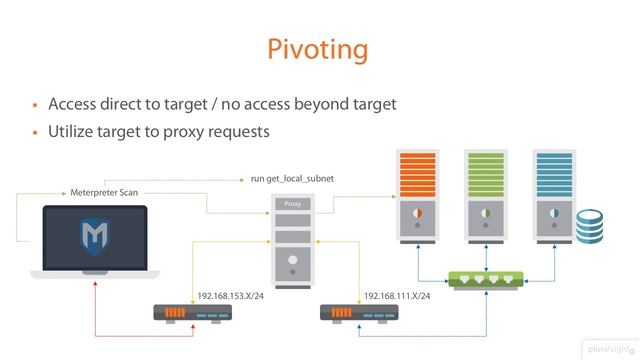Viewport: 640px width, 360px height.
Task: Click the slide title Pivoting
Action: [x=319, y=49]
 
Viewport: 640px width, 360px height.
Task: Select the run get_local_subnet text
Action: [x=293, y=179]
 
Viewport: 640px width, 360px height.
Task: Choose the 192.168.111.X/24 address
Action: [x=398, y=296]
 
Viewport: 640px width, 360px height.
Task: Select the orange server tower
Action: [x=414, y=195]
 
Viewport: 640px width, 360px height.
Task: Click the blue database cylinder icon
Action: [x=590, y=225]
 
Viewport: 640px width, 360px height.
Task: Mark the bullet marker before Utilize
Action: [x=34, y=132]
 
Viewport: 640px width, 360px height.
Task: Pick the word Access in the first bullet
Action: [x=74, y=104]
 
